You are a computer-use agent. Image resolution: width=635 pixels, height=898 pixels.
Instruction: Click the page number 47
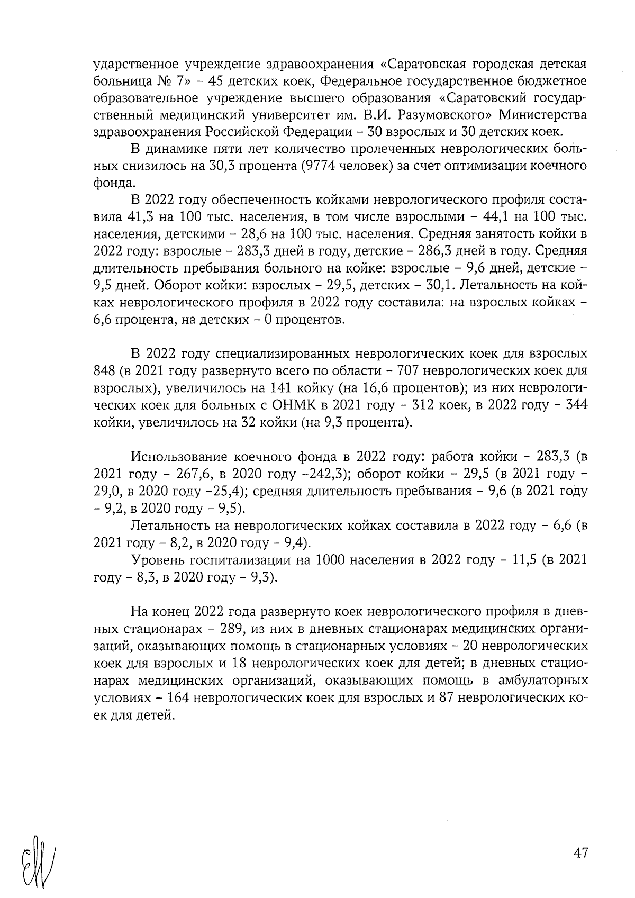[580, 854]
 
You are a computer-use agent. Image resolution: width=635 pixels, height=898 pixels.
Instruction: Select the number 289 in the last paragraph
[224, 630]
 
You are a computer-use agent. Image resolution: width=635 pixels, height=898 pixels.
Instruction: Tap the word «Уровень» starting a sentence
[154, 560]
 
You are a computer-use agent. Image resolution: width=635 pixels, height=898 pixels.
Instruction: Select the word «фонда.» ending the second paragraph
[111, 183]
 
